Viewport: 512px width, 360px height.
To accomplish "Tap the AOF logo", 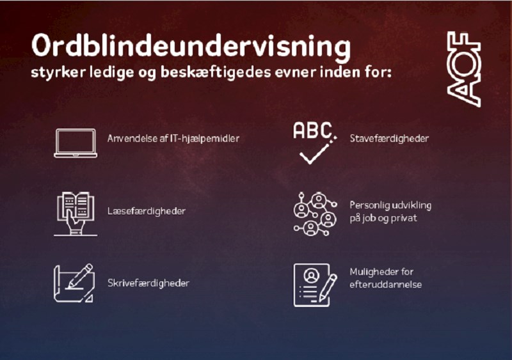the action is [x=463, y=69].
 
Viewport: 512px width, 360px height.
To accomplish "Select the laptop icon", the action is [x=76, y=143].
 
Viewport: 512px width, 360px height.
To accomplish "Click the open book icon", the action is [x=76, y=214].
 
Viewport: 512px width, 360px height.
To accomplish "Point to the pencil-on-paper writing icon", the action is [x=74, y=283].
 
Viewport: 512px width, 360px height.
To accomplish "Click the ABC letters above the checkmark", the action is [x=312, y=130].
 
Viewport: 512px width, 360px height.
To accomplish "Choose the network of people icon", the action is [x=315, y=214].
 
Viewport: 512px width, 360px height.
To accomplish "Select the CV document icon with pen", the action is [x=315, y=285].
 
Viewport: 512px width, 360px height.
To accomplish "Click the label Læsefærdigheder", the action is [x=147, y=211].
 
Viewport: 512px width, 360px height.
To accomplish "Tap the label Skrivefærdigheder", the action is [x=148, y=283].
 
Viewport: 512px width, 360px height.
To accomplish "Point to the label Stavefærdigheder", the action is [x=389, y=138].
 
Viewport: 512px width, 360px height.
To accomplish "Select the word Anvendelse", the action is [x=132, y=138].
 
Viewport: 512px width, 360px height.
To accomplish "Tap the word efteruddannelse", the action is [x=386, y=285].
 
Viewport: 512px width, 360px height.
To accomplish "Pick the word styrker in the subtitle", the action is [x=58, y=72].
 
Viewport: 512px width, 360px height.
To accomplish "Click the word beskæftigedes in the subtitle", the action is [x=216, y=72].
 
